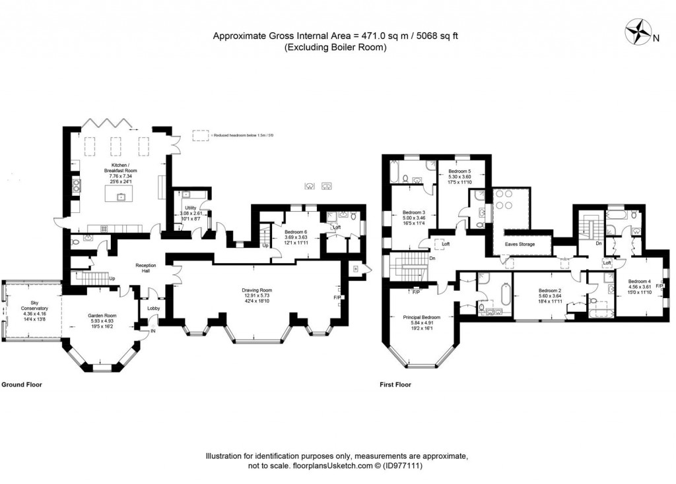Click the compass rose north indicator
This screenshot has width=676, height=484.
(x=640, y=33)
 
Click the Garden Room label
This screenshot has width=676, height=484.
(x=102, y=315)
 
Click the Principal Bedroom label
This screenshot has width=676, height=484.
(x=422, y=317)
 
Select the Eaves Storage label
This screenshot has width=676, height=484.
(x=520, y=244)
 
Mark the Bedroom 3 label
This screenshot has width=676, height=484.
(x=414, y=212)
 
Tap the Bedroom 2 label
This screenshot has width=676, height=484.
(x=549, y=291)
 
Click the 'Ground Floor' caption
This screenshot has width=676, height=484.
(x=22, y=384)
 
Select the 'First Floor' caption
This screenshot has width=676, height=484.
(x=395, y=384)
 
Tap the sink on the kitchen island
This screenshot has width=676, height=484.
(x=121, y=196)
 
